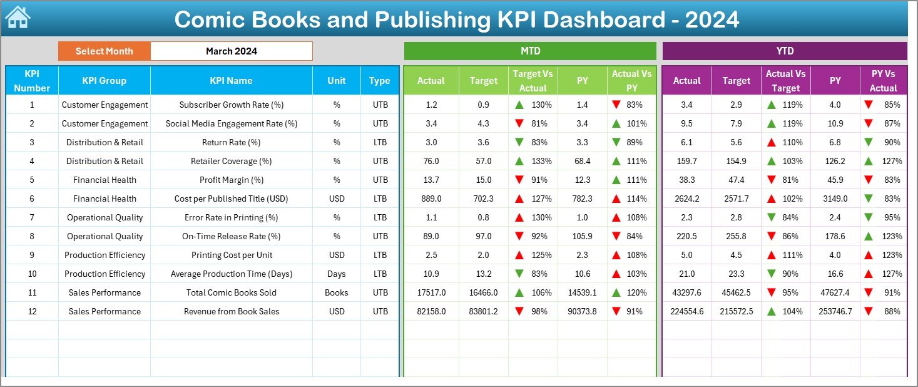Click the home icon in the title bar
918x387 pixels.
point(18,18)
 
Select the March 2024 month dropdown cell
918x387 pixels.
point(231,51)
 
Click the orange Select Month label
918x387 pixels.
point(104,51)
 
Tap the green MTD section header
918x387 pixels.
point(530,51)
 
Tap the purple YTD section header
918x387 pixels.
point(784,51)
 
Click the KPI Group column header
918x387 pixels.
point(104,81)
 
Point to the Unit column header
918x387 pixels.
point(337,81)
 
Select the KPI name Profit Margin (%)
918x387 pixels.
point(231,180)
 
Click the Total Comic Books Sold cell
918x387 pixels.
point(231,292)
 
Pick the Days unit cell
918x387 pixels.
point(337,274)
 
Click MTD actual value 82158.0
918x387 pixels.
point(431,311)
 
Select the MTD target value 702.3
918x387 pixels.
point(483,199)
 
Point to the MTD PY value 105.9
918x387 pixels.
point(582,236)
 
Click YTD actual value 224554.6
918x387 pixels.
point(686,311)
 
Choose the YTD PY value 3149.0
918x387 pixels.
point(835,199)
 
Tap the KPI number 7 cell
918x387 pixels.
point(32,217)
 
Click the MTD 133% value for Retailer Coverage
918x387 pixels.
point(541,161)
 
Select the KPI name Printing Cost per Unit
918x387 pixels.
point(231,255)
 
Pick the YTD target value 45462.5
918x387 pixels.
point(736,292)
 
